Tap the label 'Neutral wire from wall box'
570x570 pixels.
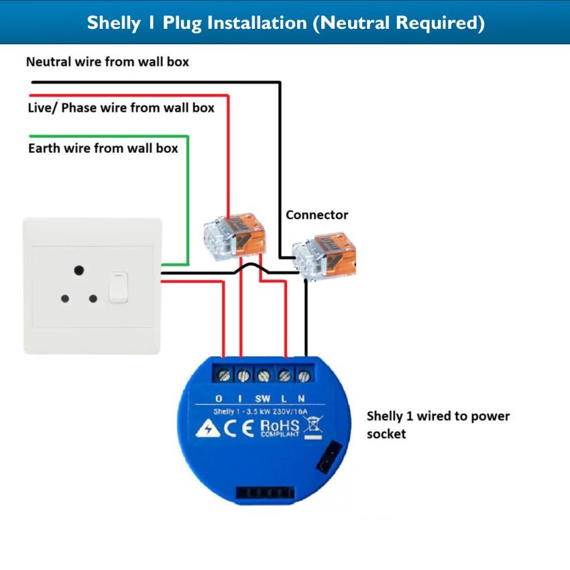click(107, 62)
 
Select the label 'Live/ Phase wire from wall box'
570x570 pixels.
click(121, 107)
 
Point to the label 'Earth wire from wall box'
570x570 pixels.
click(103, 148)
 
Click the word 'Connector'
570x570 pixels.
click(317, 215)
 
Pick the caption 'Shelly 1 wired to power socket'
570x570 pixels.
click(438, 424)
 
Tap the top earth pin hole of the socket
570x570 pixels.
click(79, 270)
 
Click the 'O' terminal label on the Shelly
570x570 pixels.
click(219, 398)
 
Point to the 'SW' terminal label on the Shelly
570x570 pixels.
click(262, 398)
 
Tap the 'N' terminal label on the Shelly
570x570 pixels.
click(302, 398)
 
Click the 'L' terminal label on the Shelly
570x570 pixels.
click(284, 398)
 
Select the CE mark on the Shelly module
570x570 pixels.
click(239, 429)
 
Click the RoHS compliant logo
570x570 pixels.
click(279, 428)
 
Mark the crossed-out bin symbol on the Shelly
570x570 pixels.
click(310, 427)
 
